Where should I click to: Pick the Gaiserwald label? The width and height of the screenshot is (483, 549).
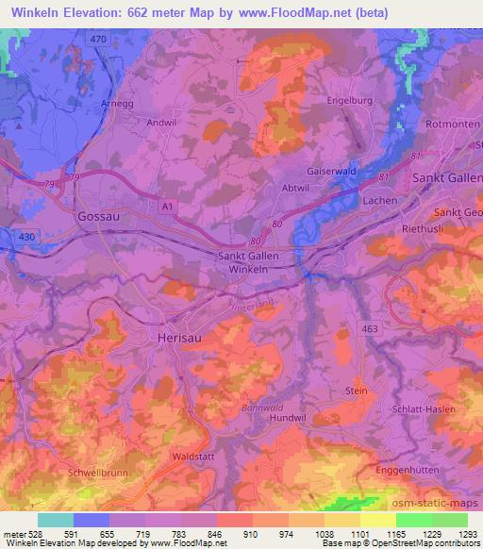(x=332, y=172)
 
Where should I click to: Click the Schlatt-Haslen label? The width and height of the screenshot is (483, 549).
(x=423, y=409)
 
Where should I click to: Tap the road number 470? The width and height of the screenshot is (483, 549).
(x=96, y=41)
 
